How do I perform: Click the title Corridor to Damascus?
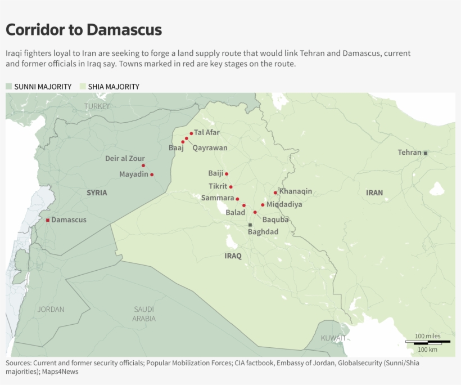tap(84, 30)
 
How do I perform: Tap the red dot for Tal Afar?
tap(191, 133)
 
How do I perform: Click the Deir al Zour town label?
tap(125, 158)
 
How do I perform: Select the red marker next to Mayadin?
tap(152, 174)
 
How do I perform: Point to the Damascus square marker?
tap(48, 220)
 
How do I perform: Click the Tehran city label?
tap(409, 153)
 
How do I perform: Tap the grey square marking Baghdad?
tap(250, 225)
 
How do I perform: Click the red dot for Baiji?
tap(227, 174)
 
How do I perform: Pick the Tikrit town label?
tap(218, 186)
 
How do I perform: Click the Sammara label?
tap(218, 198)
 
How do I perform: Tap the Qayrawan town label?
tap(210, 148)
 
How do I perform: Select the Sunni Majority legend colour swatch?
tap(9, 87)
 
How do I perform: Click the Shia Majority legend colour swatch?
tap(83, 87)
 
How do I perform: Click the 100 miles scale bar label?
tap(427, 336)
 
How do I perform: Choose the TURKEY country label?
tap(97, 106)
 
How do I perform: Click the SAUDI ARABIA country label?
tap(144, 314)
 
